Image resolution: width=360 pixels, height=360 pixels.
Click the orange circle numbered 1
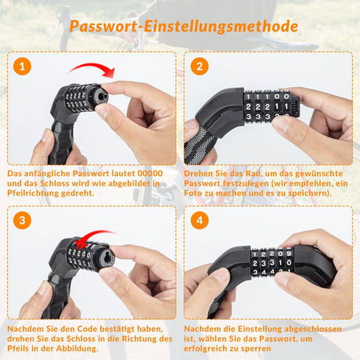pyautogui.click(x=22, y=67)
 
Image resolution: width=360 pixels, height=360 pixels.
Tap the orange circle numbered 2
pyautogui.click(x=200, y=67)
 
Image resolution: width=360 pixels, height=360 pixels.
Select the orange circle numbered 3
pyautogui.click(x=22, y=221)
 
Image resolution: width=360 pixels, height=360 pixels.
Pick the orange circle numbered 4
pyautogui.click(x=200, y=221)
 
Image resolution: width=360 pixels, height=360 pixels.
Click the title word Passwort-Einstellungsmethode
pyautogui.click(x=184, y=27)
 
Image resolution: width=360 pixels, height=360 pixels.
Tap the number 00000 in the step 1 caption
pyautogui.click(x=150, y=174)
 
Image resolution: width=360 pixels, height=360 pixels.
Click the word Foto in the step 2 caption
pyautogui.click(x=193, y=193)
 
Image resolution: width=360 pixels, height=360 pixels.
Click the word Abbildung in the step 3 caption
pyautogui.click(x=77, y=348)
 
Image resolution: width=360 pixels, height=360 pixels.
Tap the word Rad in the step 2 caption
pyautogui.click(x=252, y=174)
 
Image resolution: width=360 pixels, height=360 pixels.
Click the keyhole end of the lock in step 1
pyautogui.click(x=101, y=96)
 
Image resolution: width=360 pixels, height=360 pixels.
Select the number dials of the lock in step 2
pyautogui.click(x=268, y=106)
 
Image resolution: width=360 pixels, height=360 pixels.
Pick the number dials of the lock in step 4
pyautogui.click(x=272, y=262)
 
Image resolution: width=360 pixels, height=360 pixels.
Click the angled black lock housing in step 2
pyautogui.click(x=220, y=112)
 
